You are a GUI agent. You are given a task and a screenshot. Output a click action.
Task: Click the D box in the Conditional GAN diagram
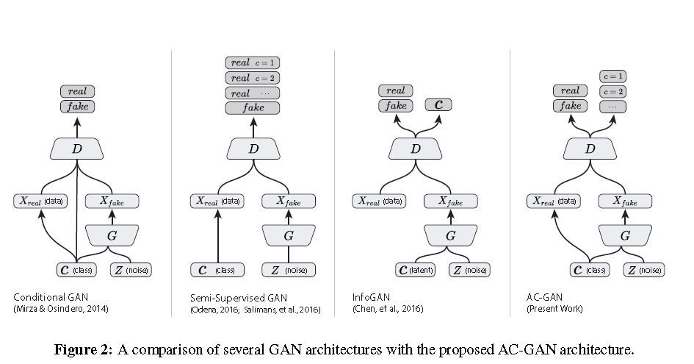(x=77, y=149)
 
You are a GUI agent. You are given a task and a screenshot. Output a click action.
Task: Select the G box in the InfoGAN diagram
(x=450, y=235)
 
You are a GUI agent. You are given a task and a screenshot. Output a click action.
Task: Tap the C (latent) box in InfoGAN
(x=416, y=270)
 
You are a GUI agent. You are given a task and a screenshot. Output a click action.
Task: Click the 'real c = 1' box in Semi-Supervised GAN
(x=253, y=63)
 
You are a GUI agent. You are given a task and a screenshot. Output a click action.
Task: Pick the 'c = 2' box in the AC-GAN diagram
(x=613, y=91)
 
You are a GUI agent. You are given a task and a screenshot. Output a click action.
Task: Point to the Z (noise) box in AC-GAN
(x=644, y=270)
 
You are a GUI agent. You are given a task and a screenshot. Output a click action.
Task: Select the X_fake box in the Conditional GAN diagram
(x=112, y=200)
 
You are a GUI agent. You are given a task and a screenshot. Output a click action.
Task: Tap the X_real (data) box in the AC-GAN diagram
(x=555, y=200)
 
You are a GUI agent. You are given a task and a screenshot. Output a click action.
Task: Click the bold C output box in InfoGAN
(x=438, y=105)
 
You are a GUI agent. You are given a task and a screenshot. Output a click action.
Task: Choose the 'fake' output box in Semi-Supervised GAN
(x=253, y=107)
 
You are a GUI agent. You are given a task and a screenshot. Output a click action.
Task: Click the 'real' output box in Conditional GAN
(x=77, y=91)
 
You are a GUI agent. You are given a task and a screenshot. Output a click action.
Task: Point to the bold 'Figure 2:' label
(x=83, y=349)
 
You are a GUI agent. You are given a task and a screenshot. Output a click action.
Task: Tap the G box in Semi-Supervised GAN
(x=288, y=235)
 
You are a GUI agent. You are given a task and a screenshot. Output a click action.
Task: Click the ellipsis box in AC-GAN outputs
(x=613, y=107)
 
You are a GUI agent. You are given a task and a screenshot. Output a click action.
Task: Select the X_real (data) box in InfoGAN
(x=380, y=200)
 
